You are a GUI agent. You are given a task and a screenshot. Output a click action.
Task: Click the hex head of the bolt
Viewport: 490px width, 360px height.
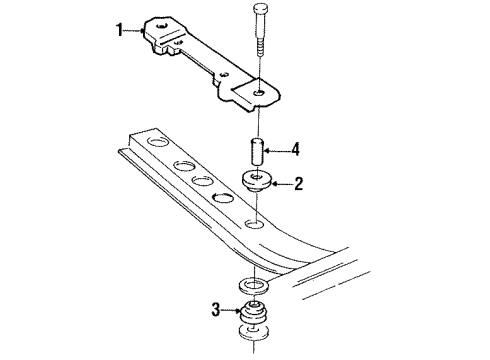coord(259,13)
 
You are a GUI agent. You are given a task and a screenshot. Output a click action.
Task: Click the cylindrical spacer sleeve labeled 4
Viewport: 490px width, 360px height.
coord(256,153)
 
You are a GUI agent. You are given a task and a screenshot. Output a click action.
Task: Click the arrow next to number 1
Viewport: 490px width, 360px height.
coord(137,31)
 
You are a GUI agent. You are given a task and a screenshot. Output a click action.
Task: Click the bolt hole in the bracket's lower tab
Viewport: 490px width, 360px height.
coord(258,92)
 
